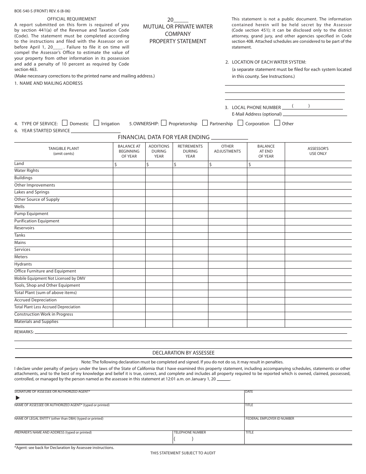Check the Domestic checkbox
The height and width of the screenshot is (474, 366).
pyautogui.click(x=65, y=123)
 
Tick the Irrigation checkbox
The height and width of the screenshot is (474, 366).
pyautogui.click(x=96, y=123)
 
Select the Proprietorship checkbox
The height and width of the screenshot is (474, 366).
pyautogui.click(x=164, y=123)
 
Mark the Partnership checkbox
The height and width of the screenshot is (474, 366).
pyautogui.click(x=205, y=123)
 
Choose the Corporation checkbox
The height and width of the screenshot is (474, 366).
pyautogui.click(x=240, y=123)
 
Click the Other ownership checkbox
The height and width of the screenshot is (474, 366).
pyautogui.click(x=277, y=123)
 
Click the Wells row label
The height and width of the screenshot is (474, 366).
pyautogui.click(x=19, y=207)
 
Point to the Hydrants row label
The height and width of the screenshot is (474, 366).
pyautogui.click(x=23, y=264)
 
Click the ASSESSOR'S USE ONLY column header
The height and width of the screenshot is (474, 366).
pyautogui.click(x=318, y=151)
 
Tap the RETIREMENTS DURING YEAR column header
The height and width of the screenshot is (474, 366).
pyautogui.click(x=190, y=151)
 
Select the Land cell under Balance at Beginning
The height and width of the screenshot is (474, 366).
pyautogui.click(x=129, y=164)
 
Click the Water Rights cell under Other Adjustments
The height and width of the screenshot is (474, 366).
pyautogui.click(x=227, y=171)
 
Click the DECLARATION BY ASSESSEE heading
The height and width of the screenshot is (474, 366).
pyautogui.click(x=183, y=353)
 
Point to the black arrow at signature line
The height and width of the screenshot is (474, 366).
pyautogui.click(x=17, y=398)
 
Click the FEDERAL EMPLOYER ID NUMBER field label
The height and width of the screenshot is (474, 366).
pyautogui.click(x=270, y=419)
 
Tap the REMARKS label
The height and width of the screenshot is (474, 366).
pyautogui.click(x=24, y=332)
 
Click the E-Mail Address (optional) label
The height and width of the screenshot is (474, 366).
pyautogui.click(x=257, y=114)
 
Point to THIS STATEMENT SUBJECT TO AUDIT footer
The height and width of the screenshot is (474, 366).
pyautogui.click(x=183, y=453)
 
